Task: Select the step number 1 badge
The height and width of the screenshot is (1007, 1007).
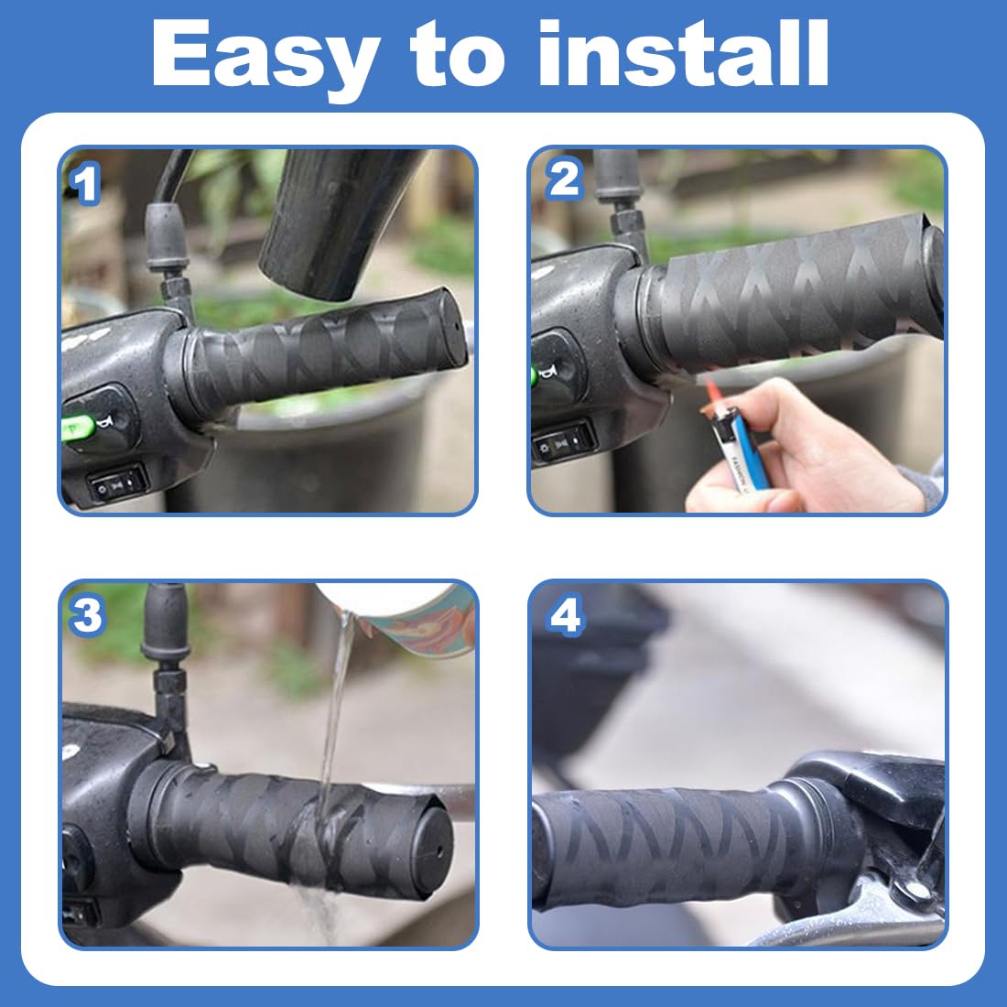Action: coord(85,184)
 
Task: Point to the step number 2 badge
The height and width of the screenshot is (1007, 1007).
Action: coord(565,179)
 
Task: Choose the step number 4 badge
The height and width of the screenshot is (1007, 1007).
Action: coord(566,615)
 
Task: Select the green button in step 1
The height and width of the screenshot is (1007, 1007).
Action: coord(79,428)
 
